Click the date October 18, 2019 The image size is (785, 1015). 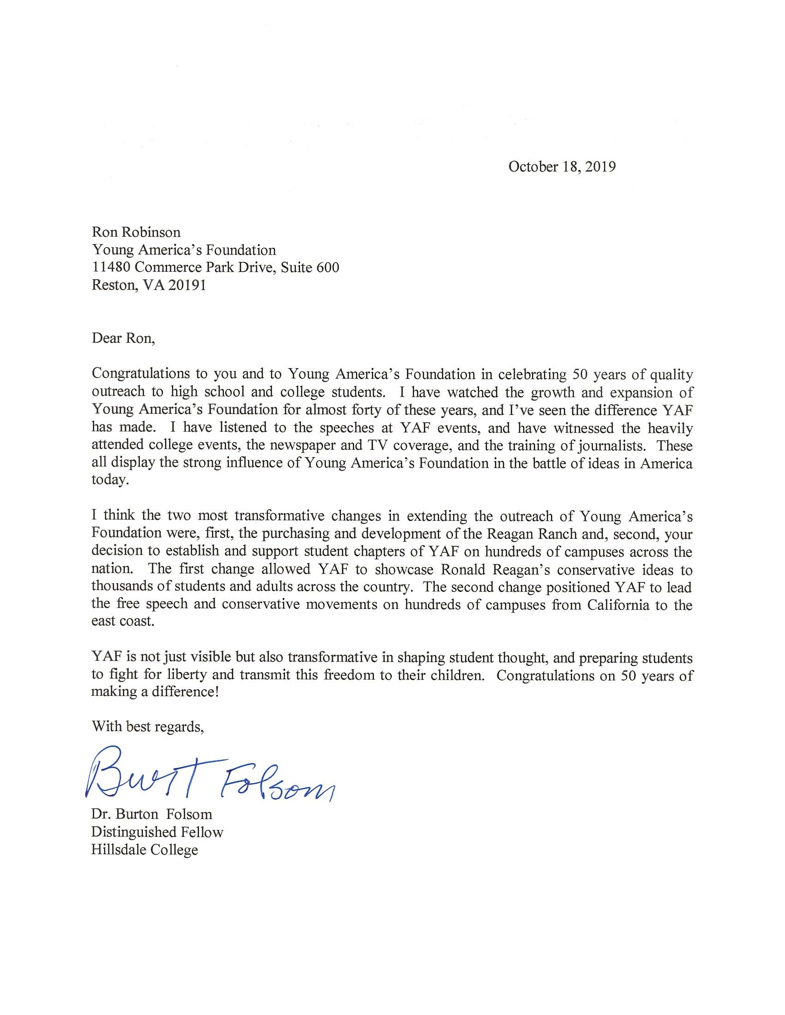click(x=562, y=167)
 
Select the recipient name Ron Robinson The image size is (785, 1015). click(x=136, y=232)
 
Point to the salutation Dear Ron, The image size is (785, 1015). click(x=123, y=338)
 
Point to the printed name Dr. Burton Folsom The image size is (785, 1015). click(x=151, y=814)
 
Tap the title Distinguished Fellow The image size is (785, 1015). click(x=157, y=832)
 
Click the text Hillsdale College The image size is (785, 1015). click(x=145, y=849)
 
